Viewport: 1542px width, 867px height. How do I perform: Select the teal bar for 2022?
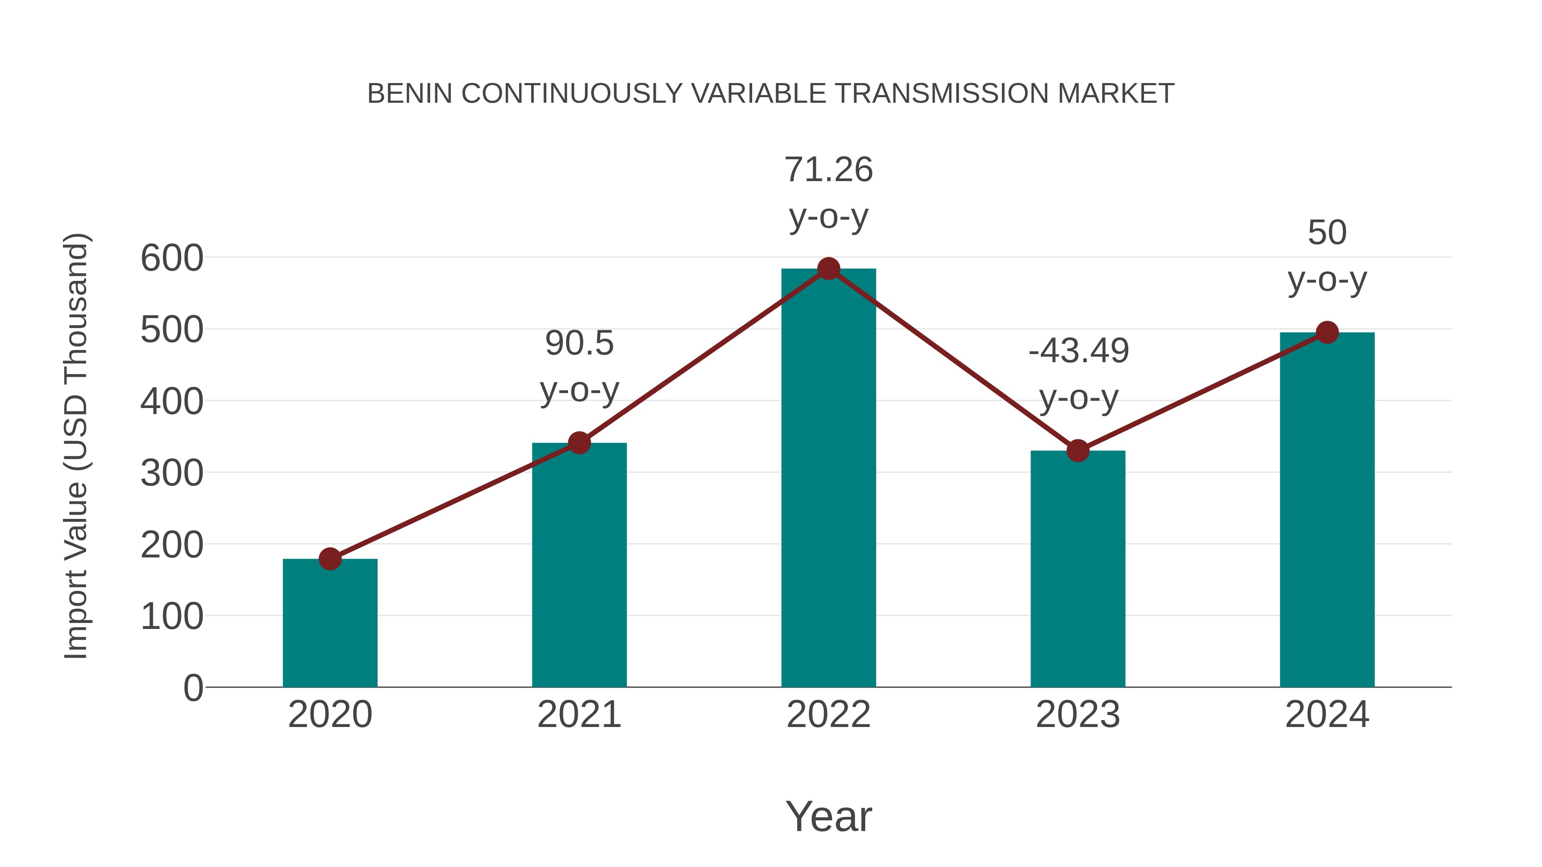[828, 479]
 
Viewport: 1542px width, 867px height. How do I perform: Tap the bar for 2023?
[1078, 569]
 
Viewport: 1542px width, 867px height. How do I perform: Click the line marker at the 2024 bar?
[1327, 332]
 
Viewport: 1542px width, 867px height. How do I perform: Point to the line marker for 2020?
[330, 559]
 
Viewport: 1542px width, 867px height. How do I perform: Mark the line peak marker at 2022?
[828, 268]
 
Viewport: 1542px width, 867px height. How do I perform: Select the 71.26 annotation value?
[828, 170]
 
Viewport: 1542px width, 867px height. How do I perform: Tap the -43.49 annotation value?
[1078, 351]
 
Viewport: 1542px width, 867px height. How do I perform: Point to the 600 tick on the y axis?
[172, 259]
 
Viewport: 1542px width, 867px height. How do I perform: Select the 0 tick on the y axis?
[193, 688]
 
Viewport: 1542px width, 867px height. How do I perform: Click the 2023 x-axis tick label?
[1078, 715]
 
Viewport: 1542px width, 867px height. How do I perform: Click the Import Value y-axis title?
[77, 446]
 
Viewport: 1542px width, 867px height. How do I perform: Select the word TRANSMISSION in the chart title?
[943, 94]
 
